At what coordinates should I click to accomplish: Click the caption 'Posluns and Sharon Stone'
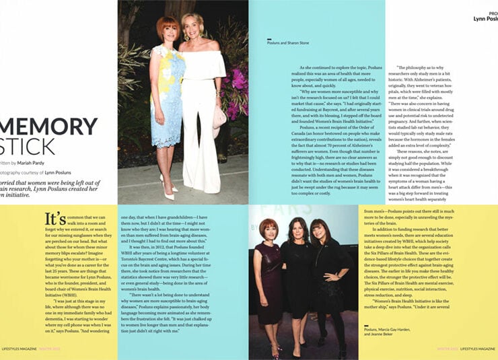(291, 46)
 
